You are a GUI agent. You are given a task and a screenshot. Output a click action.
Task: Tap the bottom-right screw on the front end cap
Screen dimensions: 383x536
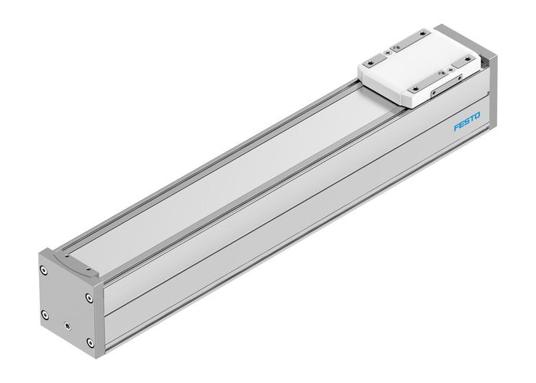[x=90, y=342]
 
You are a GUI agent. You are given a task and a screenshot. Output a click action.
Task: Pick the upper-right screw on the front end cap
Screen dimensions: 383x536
[x=85, y=296]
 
